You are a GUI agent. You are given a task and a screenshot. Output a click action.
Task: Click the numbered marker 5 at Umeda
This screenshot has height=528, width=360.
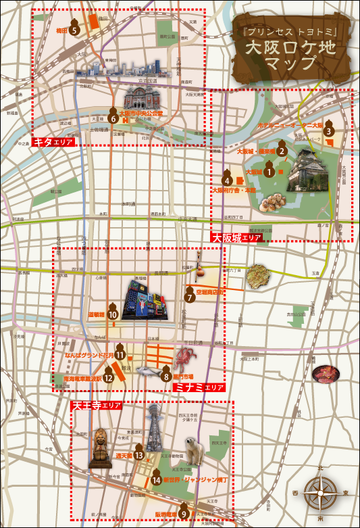tap(75, 29)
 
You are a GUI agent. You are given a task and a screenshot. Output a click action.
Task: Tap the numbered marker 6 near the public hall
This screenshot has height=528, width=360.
tap(113, 118)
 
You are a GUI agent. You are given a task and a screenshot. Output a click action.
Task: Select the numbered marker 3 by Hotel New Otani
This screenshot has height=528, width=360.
tap(329, 131)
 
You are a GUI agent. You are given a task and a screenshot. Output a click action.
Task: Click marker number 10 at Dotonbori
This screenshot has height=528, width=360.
tap(113, 314)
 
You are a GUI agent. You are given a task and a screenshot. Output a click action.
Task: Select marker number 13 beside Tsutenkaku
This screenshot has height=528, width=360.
tap(139, 455)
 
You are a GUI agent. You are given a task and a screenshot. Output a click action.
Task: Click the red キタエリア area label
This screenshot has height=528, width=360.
tap(53, 143)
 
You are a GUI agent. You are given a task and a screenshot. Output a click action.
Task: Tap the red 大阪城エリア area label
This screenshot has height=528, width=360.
tap(237, 238)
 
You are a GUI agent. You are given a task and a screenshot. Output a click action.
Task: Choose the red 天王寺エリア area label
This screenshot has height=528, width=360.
tap(97, 405)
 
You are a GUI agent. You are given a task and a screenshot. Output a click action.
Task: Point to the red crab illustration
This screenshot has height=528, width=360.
tap(185, 356)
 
